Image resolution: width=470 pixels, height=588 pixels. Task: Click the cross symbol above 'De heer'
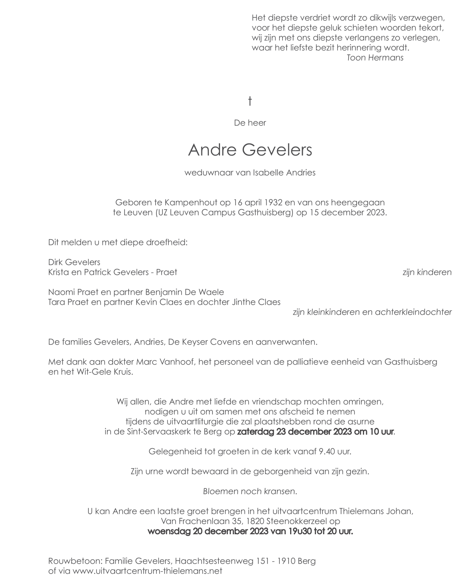click(x=250, y=101)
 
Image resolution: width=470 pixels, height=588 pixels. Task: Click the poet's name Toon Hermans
click(x=375, y=58)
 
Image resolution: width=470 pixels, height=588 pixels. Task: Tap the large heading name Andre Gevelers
click(x=250, y=150)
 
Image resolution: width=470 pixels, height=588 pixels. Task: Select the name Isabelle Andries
click(x=284, y=173)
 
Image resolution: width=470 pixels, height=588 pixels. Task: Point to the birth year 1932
click(x=273, y=203)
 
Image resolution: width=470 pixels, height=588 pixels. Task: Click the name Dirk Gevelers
click(x=74, y=263)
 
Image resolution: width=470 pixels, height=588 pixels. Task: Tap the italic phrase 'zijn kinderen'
click(x=427, y=272)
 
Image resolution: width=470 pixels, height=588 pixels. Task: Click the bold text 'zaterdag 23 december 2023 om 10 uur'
click(x=315, y=432)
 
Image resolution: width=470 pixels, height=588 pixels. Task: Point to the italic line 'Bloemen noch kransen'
click(x=250, y=492)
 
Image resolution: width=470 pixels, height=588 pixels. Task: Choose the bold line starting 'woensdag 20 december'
click(x=250, y=531)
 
